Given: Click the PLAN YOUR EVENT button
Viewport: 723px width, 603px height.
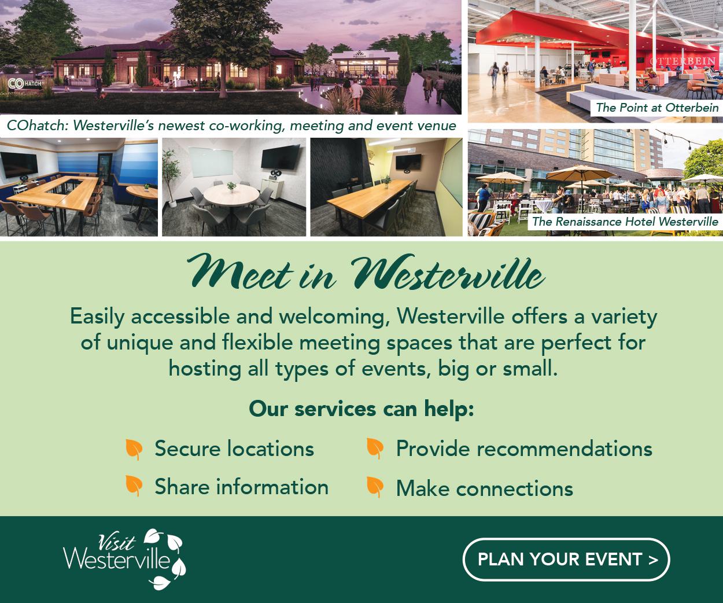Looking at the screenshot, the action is click(x=566, y=560).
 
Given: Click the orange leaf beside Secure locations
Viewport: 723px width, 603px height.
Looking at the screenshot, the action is click(x=134, y=450).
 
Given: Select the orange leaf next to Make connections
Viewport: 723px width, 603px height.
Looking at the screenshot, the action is click(x=375, y=487).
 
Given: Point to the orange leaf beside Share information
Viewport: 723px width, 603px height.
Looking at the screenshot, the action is click(x=134, y=486).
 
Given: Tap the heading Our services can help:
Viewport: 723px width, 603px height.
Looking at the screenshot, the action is click(x=361, y=409).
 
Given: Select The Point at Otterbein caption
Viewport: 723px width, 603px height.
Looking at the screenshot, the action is click(x=657, y=108).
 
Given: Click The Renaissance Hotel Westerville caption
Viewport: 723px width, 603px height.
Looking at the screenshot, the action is click(x=625, y=222).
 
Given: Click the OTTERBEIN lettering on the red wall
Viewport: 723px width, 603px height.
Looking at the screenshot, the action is click(x=682, y=62).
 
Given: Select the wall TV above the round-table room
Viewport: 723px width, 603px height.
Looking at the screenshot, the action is click(x=280, y=157).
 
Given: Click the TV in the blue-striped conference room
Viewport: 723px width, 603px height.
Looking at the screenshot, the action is click(x=20, y=166).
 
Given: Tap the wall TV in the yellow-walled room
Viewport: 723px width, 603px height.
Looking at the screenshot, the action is click(x=408, y=162).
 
